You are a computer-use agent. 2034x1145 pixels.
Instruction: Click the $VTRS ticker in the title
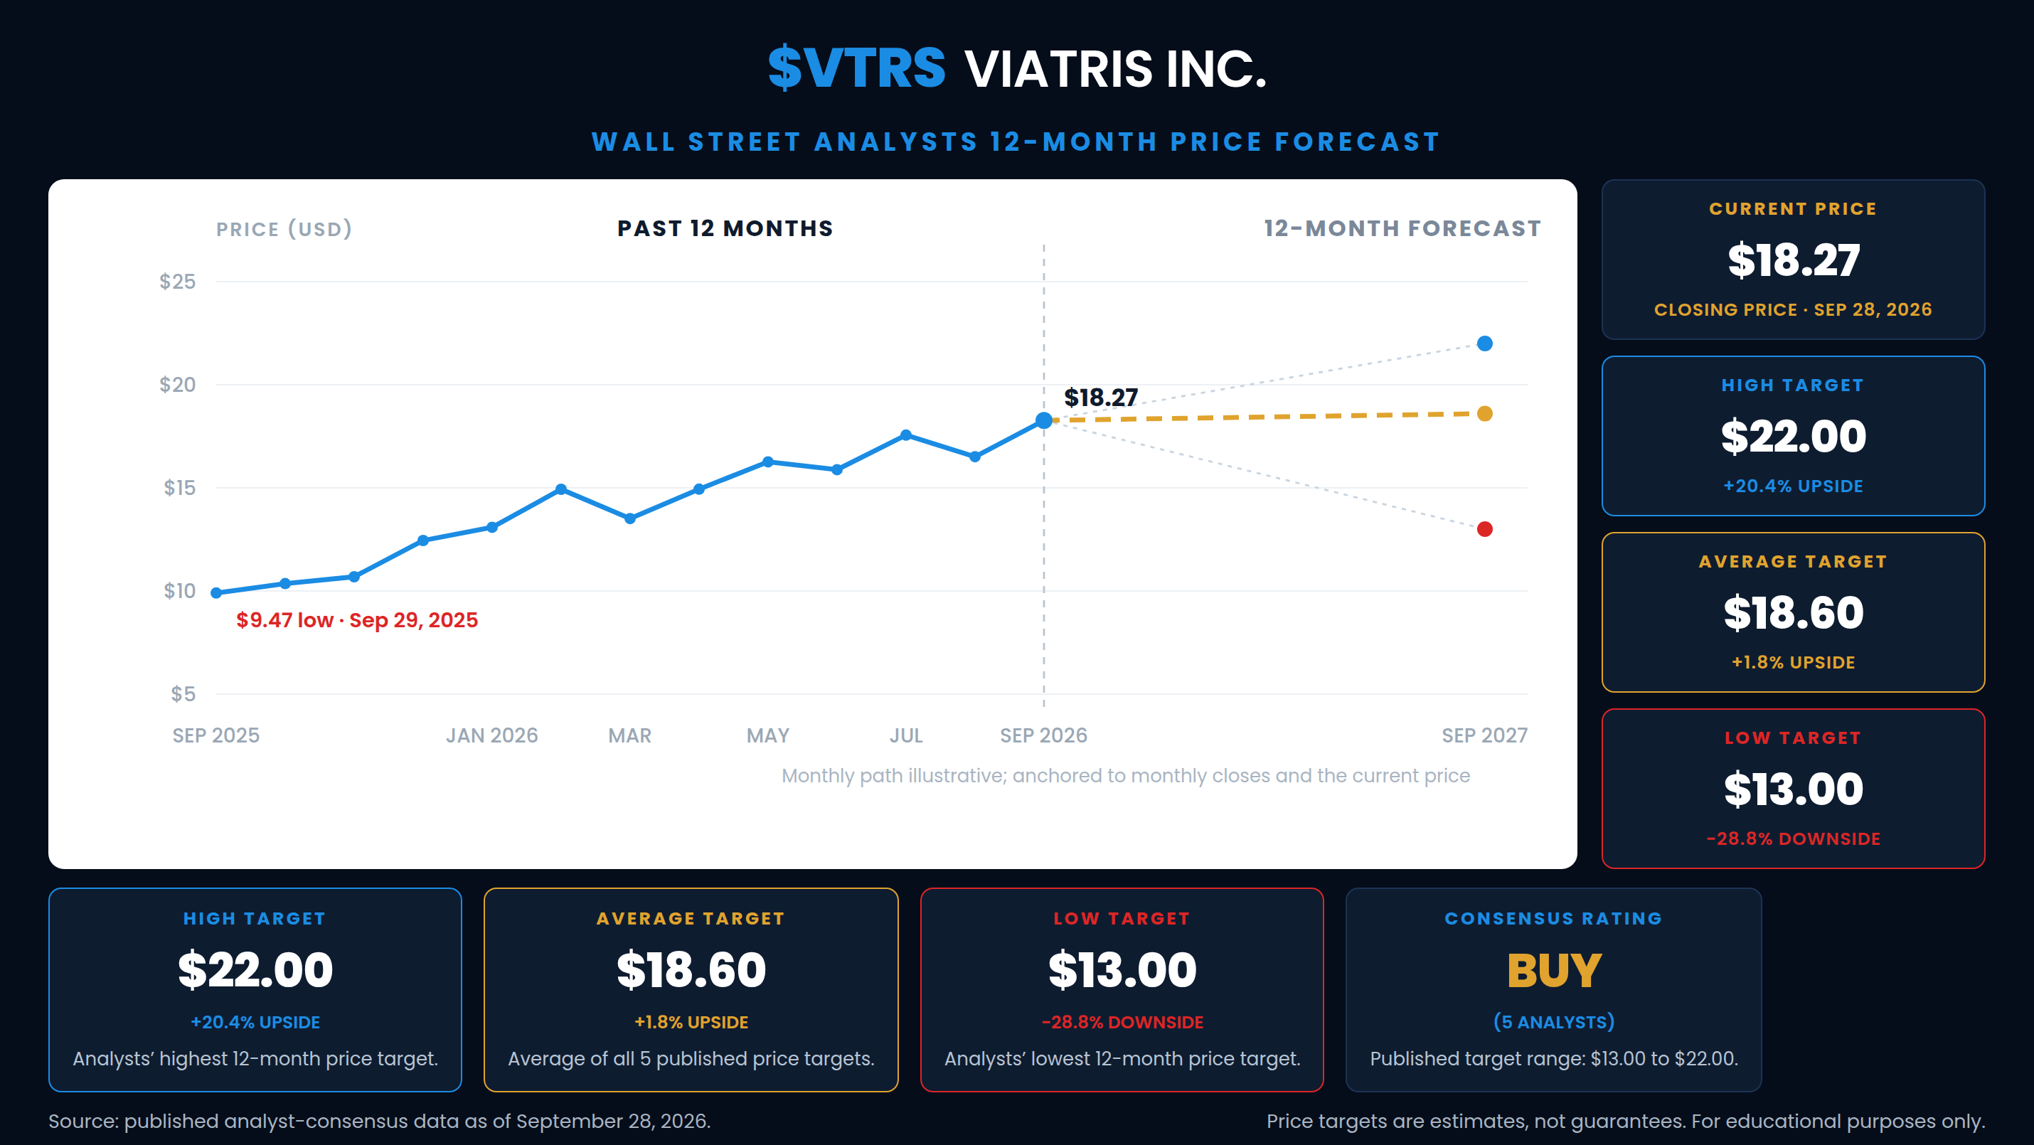tap(857, 68)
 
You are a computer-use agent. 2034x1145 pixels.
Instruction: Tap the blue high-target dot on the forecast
tap(1484, 343)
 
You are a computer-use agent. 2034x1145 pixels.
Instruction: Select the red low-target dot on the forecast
tap(1484, 529)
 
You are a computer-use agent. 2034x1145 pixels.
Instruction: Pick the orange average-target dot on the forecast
tap(1484, 414)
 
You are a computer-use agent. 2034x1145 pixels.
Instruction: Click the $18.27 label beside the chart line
tap(1101, 398)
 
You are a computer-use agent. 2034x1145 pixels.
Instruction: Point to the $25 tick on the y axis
tap(178, 282)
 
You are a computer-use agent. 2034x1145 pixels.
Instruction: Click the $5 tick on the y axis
tap(183, 694)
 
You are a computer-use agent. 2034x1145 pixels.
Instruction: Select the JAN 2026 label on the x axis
tap(492, 736)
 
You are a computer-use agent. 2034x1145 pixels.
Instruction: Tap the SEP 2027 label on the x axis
tap(1484, 736)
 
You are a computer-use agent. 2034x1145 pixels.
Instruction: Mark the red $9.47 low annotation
tap(357, 620)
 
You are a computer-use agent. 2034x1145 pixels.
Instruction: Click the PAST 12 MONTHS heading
tap(725, 228)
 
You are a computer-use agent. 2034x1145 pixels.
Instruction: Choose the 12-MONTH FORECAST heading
tap(1402, 228)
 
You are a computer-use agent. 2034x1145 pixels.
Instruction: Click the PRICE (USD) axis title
tap(284, 229)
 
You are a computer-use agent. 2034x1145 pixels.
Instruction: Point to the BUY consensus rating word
tap(1554, 971)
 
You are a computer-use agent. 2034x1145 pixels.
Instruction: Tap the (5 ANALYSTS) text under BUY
tap(1554, 1022)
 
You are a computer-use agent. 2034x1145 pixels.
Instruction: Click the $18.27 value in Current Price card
tap(1793, 260)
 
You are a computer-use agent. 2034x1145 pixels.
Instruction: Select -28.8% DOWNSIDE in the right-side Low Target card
tap(1793, 838)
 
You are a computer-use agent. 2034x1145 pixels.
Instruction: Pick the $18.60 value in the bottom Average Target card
tap(691, 971)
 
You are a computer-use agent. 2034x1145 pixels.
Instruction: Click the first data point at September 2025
tap(216, 593)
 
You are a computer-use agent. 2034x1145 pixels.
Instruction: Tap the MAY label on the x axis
tap(767, 736)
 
